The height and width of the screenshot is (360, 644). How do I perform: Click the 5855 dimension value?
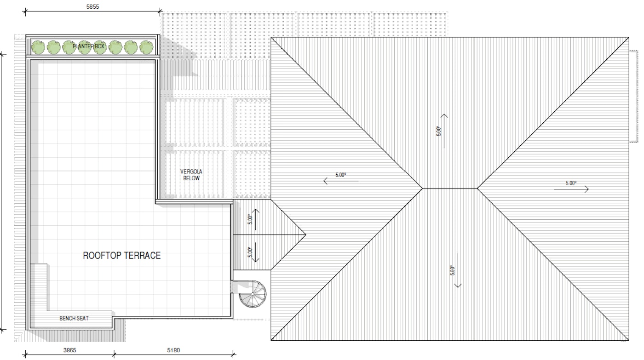tap(92, 6)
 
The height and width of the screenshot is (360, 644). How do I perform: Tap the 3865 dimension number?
tap(70, 350)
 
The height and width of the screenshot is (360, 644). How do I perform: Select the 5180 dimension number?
tap(173, 350)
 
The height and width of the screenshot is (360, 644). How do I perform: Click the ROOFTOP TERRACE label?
tap(121, 256)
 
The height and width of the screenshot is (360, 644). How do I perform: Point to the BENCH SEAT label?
tap(74, 318)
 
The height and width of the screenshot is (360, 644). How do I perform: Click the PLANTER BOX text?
tap(88, 46)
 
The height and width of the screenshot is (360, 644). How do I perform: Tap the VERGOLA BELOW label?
tap(191, 175)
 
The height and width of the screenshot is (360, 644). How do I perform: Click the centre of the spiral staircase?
tap(253, 294)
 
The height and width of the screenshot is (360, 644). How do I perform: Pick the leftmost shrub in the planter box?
tap(38, 47)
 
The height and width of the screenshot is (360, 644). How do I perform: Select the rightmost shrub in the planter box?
tap(146, 47)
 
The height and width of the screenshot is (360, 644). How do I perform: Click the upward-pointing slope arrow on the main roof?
tap(444, 131)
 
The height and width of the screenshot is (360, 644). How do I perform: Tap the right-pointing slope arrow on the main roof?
tap(571, 189)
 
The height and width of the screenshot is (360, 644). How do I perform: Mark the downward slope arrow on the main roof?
tap(458, 270)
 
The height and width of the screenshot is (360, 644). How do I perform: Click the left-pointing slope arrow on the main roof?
tap(341, 181)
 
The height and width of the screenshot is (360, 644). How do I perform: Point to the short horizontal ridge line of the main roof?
tap(450, 189)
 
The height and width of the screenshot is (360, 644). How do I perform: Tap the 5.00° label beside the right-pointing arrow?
tap(571, 183)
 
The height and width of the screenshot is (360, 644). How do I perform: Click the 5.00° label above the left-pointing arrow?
tap(341, 175)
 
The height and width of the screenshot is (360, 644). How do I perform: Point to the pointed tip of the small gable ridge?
tap(305, 235)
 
